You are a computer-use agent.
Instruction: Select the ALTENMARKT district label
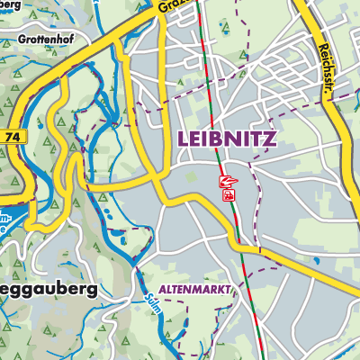click(x=194, y=290)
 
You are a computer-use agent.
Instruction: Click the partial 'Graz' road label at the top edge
click(x=174, y=7)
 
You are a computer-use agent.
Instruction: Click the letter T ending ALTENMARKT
click(x=229, y=290)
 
